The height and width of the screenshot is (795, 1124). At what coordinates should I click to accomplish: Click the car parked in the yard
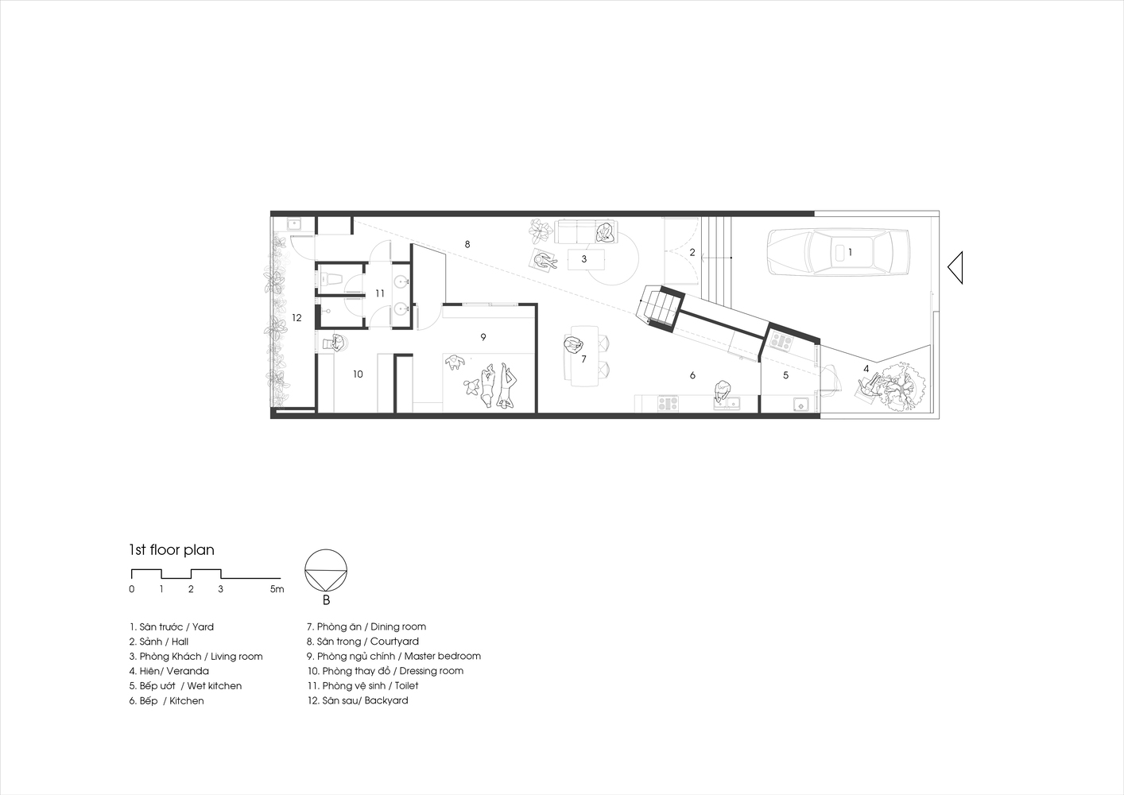pos(838,252)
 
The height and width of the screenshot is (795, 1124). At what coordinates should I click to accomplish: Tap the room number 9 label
pos(483,337)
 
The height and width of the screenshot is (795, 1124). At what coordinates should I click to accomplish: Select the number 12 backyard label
pos(297,318)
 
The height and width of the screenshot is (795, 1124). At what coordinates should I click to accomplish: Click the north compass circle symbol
pos(326,571)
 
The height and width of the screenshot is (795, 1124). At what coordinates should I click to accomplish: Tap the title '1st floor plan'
pos(172,550)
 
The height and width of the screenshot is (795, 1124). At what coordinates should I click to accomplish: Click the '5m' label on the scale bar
pos(277,589)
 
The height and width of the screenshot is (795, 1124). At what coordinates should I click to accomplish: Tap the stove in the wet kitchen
pos(781,341)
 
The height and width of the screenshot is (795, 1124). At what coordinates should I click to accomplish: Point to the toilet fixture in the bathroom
pos(329,277)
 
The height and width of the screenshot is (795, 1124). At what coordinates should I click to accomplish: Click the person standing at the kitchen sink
pos(723,390)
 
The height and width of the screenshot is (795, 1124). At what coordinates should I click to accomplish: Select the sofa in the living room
pos(586,232)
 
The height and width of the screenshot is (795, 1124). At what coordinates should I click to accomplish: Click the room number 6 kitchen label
pos(692,375)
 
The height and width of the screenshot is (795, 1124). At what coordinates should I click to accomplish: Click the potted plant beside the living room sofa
pos(541,231)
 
